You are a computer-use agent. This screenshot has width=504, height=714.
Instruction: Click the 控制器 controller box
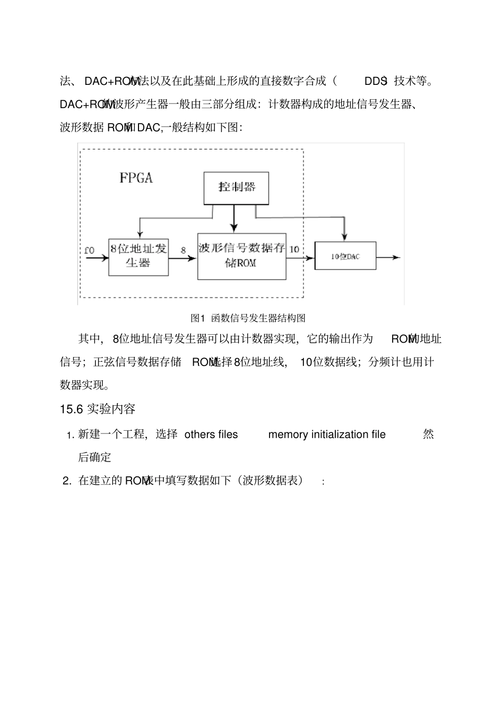coord(237,188)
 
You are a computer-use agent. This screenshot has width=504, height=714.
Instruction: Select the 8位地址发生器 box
coord(138,257)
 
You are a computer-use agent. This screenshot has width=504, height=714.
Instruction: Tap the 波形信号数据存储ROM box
coord(241,257)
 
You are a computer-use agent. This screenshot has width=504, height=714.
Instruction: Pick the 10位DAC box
coord(345,256)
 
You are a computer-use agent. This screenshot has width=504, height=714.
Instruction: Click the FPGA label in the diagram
coord(136,178)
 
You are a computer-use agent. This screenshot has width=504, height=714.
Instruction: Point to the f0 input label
coord(89,250)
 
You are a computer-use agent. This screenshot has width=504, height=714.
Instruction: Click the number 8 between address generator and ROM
coord(184,250)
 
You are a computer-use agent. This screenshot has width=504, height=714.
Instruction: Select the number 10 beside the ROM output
coord(294,249)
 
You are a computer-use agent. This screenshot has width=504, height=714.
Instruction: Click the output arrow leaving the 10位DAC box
coord(388,257)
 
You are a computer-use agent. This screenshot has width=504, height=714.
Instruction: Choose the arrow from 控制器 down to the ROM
coord(234,219)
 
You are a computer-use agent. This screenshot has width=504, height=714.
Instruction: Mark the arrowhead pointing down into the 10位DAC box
coord(345,236)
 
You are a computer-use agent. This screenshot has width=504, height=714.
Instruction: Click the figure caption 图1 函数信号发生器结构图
coord(248,318)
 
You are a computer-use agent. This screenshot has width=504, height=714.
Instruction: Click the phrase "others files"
coord(211,434)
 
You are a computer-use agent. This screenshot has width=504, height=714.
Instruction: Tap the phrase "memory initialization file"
coord(327,434)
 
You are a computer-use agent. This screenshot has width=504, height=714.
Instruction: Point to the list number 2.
coord(67,481)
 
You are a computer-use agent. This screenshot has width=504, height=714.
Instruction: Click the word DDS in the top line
coord(375,81)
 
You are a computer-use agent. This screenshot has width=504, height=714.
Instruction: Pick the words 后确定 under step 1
coord(95,457)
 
